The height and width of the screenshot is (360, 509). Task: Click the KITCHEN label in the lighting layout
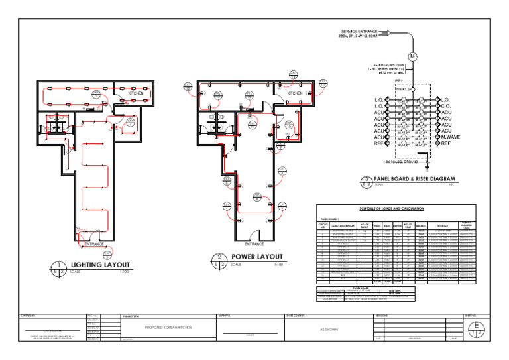click(135, 94)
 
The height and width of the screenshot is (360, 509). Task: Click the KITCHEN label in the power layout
click(295, 94)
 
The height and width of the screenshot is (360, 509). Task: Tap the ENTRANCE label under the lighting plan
click(94, 245)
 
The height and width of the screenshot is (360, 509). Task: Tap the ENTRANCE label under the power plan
click(254, 244)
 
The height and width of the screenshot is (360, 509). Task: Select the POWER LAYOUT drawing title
click(256, 257)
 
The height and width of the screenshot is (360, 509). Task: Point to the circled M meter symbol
click(412, 56)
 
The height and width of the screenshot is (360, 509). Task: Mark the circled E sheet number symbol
click(475, 330)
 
